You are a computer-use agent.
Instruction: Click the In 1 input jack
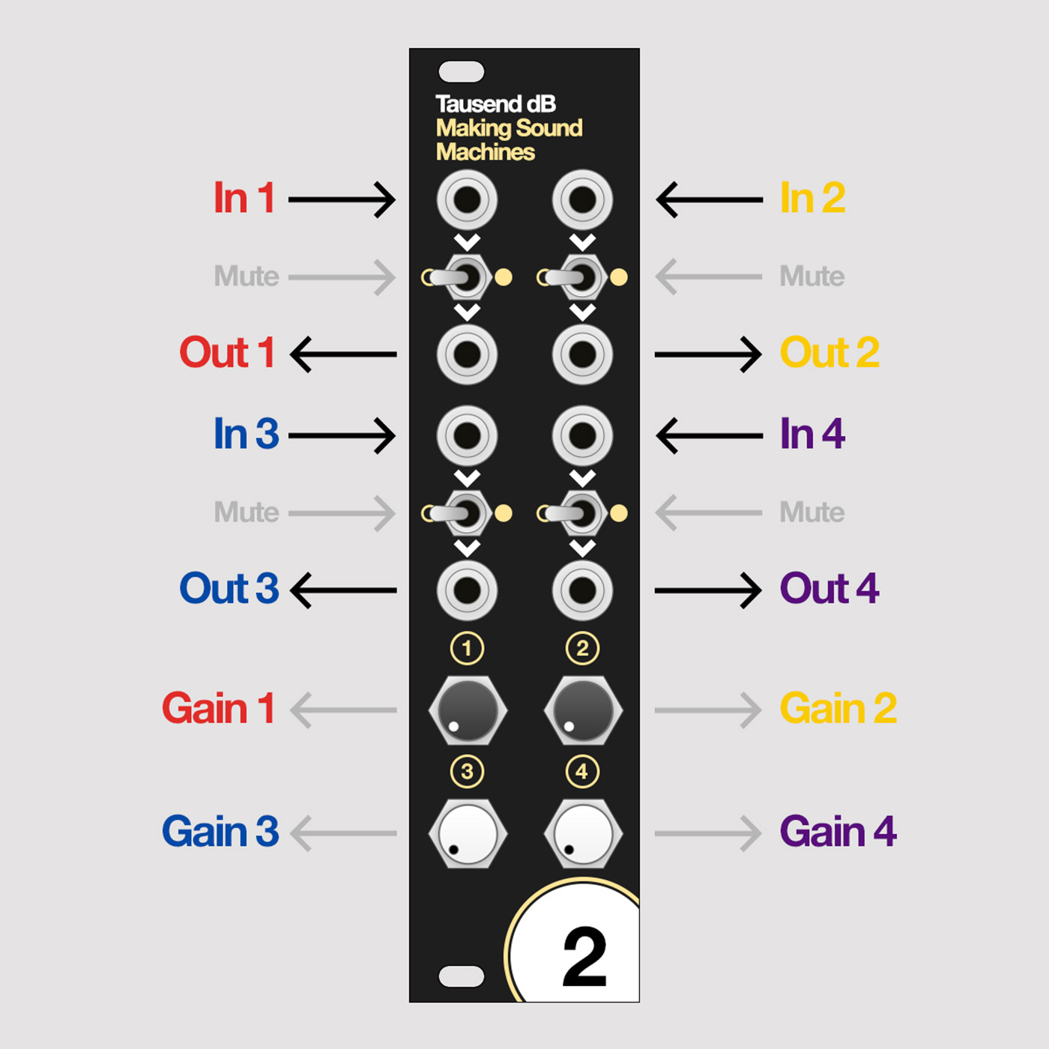[x=467, y=200]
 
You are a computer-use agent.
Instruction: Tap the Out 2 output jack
[x=582, y=354]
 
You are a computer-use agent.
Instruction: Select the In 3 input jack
[x=467, y=435]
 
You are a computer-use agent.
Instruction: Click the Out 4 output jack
[x=582, y=590]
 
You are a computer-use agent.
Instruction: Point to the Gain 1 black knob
[x=468, y=710]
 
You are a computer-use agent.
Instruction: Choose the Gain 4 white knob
[x=583, y=833]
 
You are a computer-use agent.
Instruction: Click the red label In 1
[x=244, y=198]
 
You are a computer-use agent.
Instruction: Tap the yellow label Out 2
[x=829, y=352]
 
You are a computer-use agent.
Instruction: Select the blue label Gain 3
[x=220, y=831]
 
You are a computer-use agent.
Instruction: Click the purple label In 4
[x=812, y=434]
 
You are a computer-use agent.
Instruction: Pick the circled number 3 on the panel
[x=467, y=771]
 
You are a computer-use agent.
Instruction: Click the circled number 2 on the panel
[x=582, y=648]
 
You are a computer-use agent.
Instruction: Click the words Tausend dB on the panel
[x=495, y=104]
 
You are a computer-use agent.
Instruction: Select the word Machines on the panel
[x=486, y=152]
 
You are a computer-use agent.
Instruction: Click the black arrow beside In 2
[x=710, y=200]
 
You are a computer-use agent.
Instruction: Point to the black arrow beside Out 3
[x=343, y=590]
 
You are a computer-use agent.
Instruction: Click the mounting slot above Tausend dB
[x=461, y=71]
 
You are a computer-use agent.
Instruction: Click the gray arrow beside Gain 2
[x=707, y=710]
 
